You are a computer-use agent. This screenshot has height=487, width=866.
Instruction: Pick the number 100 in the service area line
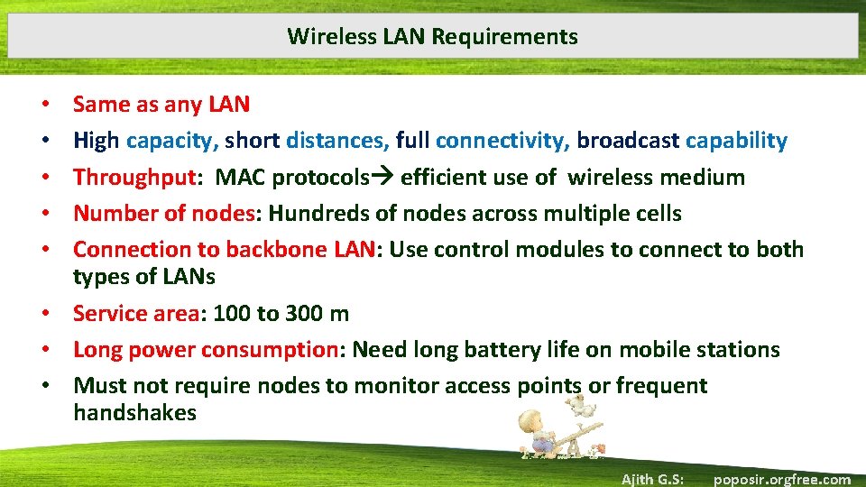pos(232,314)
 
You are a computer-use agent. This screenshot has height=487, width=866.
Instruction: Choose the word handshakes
pos(134,413)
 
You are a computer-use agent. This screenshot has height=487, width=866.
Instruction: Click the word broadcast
pos(628,141)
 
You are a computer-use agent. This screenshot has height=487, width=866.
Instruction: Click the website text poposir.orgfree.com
pos(781,479)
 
